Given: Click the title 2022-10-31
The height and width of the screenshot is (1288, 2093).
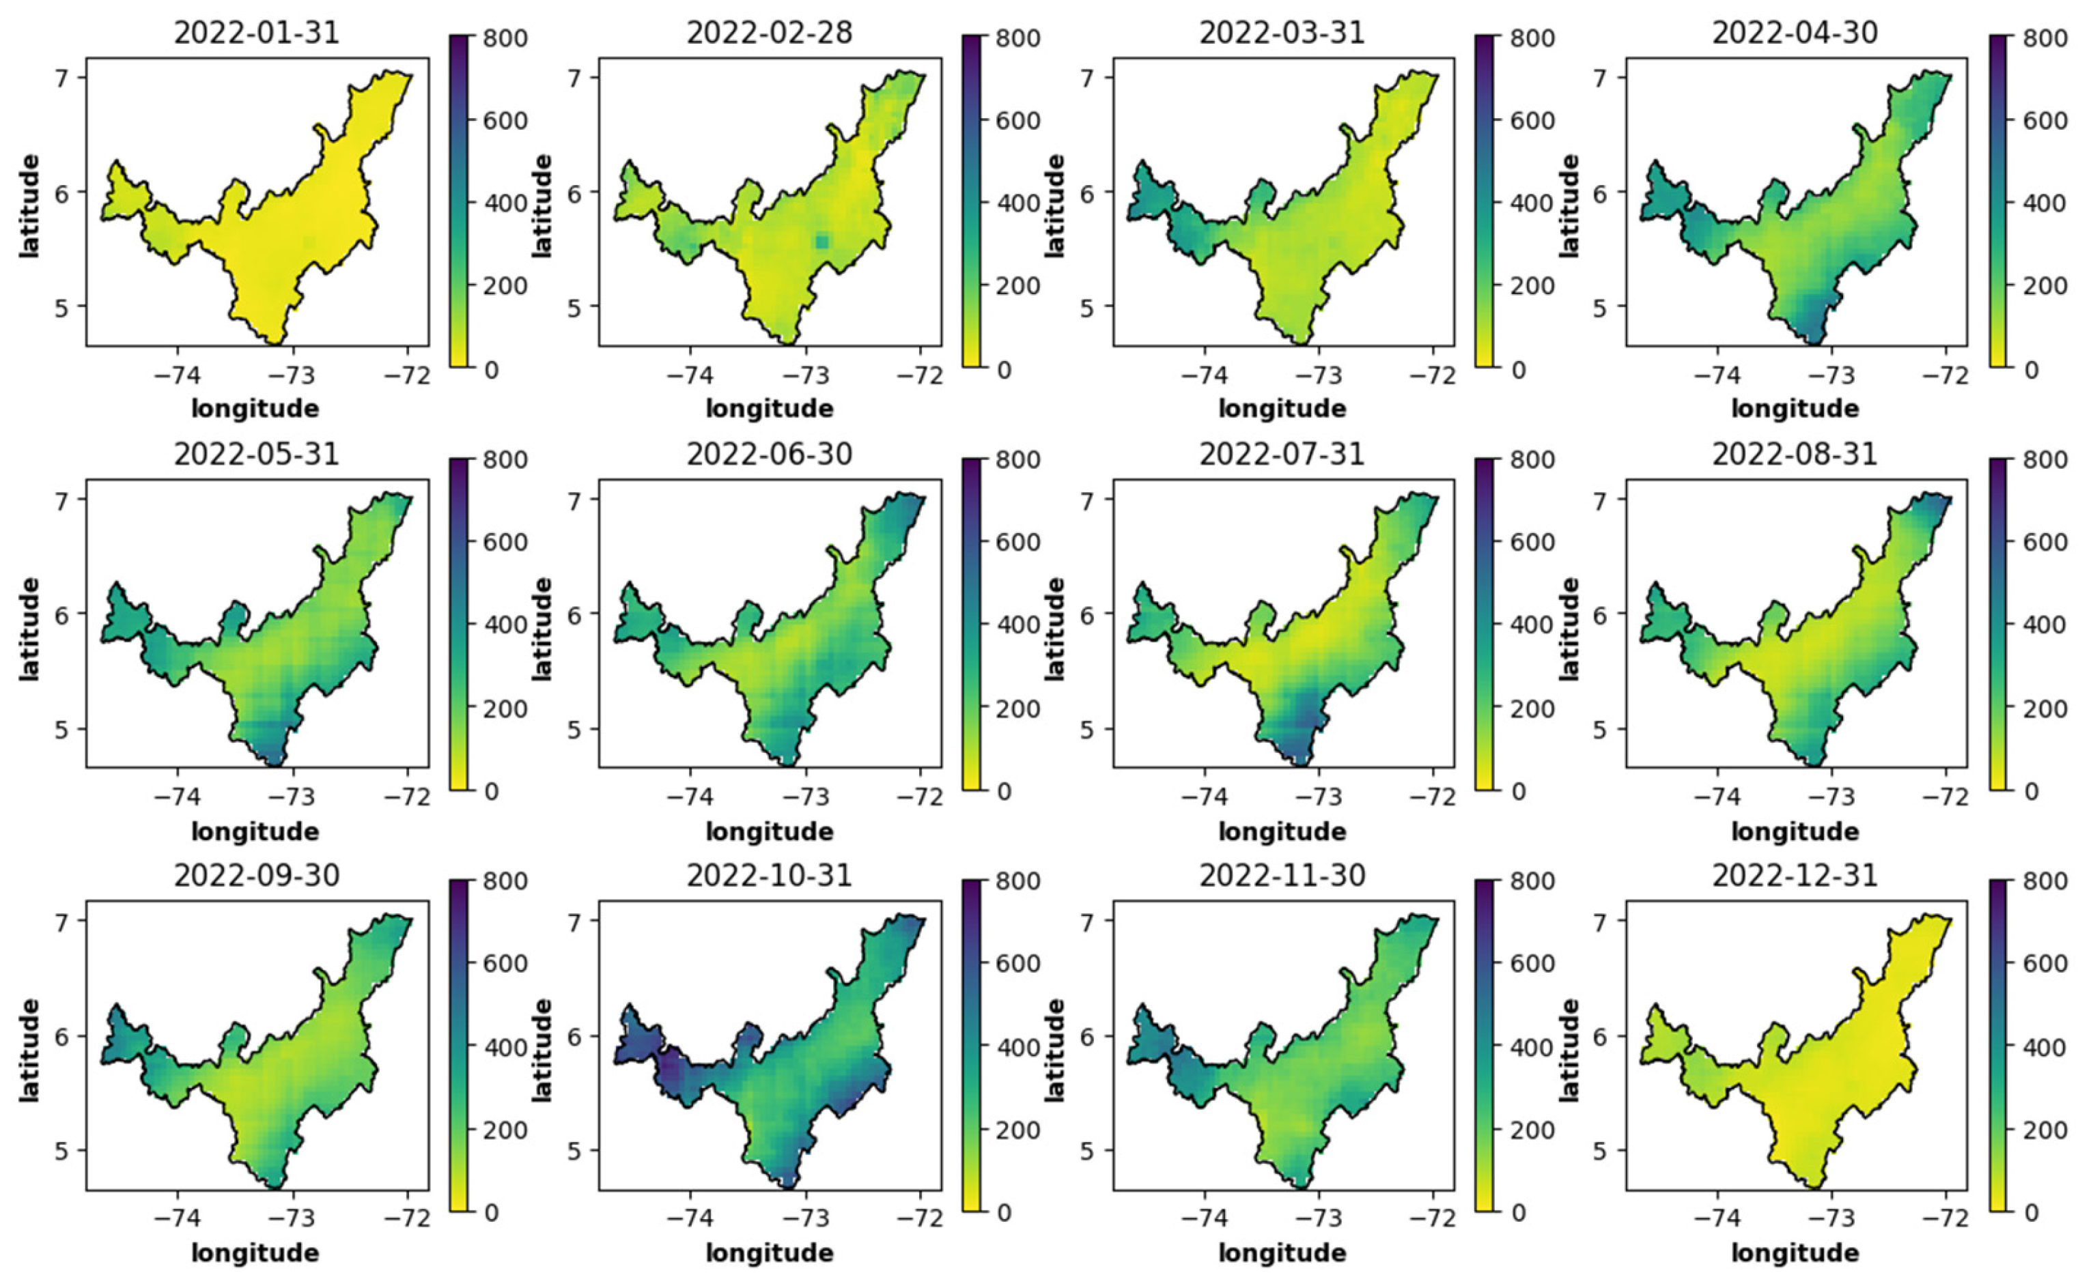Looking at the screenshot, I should pyautogui.click(x=769, y=875).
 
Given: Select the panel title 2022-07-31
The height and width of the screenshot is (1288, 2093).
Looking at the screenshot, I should pyautogui.click(x=1282, y=453).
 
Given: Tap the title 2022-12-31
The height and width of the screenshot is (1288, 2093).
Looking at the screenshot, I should pyautogui.click(x=1795, y=875).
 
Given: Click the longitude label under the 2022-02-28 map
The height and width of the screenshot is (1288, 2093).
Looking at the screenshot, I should pyautogui.click(x=769, y=409).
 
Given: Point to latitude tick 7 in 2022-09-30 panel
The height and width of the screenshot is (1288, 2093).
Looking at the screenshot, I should pyautogui.click(x=61, y=921).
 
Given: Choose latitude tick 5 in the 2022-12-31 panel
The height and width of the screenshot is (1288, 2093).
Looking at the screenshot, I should pyautogui.click(x=1599, y=1151).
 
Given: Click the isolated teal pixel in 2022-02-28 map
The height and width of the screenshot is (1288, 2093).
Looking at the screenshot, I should pyautogui.click(x=821, y=242).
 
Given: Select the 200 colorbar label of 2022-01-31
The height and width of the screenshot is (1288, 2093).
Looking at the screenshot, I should pyautogui.click(x=505, y=286).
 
